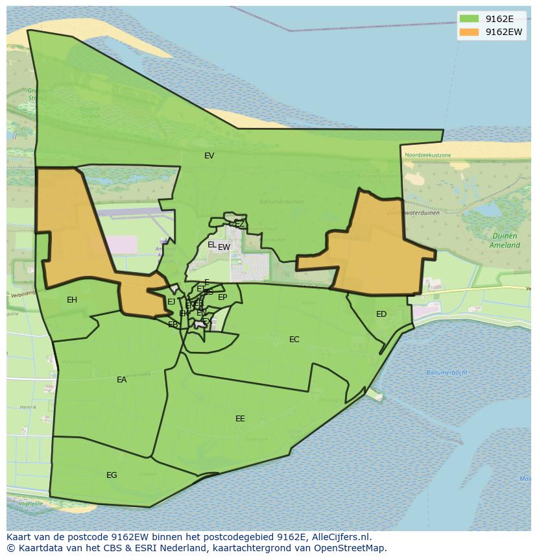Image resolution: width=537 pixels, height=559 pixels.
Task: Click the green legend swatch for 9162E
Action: pyautogui.click(x=469, y=19)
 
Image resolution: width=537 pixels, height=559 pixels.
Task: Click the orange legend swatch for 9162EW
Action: pyautogui.click(x=469, y=32)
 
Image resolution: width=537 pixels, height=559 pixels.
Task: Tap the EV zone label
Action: pyautogui.click(x=209, y=156)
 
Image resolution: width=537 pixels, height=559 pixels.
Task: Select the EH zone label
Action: pyautogui.click(x=72, y=300)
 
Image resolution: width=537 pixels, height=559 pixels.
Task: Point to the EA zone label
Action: pyautogui.click(x=122, y=380)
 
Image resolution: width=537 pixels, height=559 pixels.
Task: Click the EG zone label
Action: pyautogui.click(x=112, y=475)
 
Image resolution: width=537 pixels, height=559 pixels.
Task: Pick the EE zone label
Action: pyautogui.click(x=240, y=419)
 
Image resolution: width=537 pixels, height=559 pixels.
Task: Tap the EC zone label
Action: pyautogui.click(x=294, y=340)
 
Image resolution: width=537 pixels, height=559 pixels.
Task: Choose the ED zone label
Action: pyautogui.click(x=381, y=314)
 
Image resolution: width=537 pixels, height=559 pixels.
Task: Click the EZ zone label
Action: pyautogui.click(x=240, y=224)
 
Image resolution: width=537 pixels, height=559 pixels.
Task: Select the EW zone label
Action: pyautogui.click(x=224, y=247)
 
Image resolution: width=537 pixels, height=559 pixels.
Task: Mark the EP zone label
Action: pyautogui.click(x=222, y=297)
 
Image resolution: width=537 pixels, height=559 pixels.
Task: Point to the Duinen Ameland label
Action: pyautogui.click(x=504, y=241)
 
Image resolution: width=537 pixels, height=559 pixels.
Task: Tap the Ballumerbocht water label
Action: pyautogui.click(x=447, y=373)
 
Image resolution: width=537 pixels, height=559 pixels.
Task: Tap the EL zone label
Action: pyautogui.click(x=211, y=245)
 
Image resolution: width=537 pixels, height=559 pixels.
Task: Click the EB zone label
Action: pyautogui.click(x=173, y=325)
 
